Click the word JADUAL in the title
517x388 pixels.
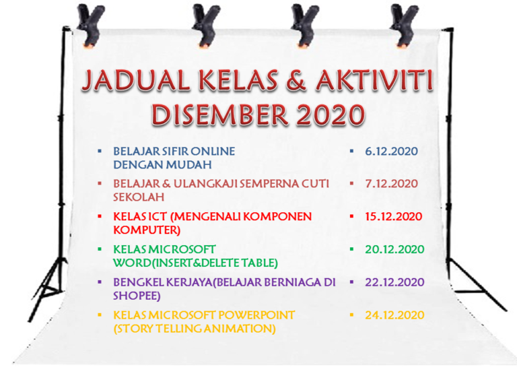(135, 81)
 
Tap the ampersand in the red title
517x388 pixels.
(296, 81)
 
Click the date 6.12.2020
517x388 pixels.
(391, 152)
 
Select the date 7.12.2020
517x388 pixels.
(391, 184)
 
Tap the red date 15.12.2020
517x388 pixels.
(394, 217)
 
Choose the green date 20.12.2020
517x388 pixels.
(394, 249)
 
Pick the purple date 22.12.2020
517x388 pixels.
(394, 282)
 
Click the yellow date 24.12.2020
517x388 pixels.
(394, 315)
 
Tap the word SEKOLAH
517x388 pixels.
(139, 197)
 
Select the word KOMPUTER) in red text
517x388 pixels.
(147, 230)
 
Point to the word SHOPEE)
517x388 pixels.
(137, 296)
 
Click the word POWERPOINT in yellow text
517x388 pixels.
(256, 315)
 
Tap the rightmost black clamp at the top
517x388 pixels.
(404, 25)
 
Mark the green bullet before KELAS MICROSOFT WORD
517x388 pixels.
(100, 249)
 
